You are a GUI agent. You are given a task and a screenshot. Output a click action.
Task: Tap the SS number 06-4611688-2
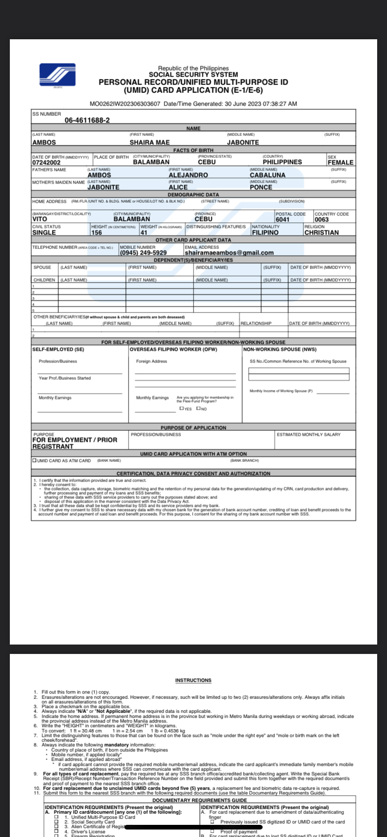pos(87,120)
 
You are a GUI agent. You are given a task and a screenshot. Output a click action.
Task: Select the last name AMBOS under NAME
pos(44,142)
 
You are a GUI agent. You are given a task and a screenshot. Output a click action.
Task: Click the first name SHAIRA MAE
pos(150,142)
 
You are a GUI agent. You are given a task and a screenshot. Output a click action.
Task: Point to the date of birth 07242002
pos(46,163)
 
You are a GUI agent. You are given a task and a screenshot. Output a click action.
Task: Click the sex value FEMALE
pos(340,163)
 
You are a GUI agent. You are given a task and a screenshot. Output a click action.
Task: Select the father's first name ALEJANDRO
pos(188,175)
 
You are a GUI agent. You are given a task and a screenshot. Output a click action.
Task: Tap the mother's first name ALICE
pos(178,187)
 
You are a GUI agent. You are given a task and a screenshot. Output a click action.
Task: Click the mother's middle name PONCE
pos(261,187)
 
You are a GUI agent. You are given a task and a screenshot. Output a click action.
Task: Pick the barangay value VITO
pos(40,219)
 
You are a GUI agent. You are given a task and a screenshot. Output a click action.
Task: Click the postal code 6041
pos(282,220)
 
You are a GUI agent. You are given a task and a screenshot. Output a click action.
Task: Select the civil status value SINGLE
pos(44,233)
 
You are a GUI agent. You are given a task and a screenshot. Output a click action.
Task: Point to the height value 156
pos(97,233)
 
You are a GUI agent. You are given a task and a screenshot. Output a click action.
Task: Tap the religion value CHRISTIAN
pos(322,233)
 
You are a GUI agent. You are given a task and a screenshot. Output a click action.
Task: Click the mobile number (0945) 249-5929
pos(143,253)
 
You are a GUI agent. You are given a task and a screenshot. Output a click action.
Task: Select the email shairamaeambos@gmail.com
pos(229,253)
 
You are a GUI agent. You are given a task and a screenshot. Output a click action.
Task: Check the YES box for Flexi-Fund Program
pos(181,408)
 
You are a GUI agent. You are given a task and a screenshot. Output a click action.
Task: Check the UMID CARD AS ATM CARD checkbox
pos(34,461)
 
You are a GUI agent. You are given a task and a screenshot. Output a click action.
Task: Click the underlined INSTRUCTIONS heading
pos(193,681)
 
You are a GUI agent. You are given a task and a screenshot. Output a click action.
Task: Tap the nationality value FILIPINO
pos(265,233)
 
